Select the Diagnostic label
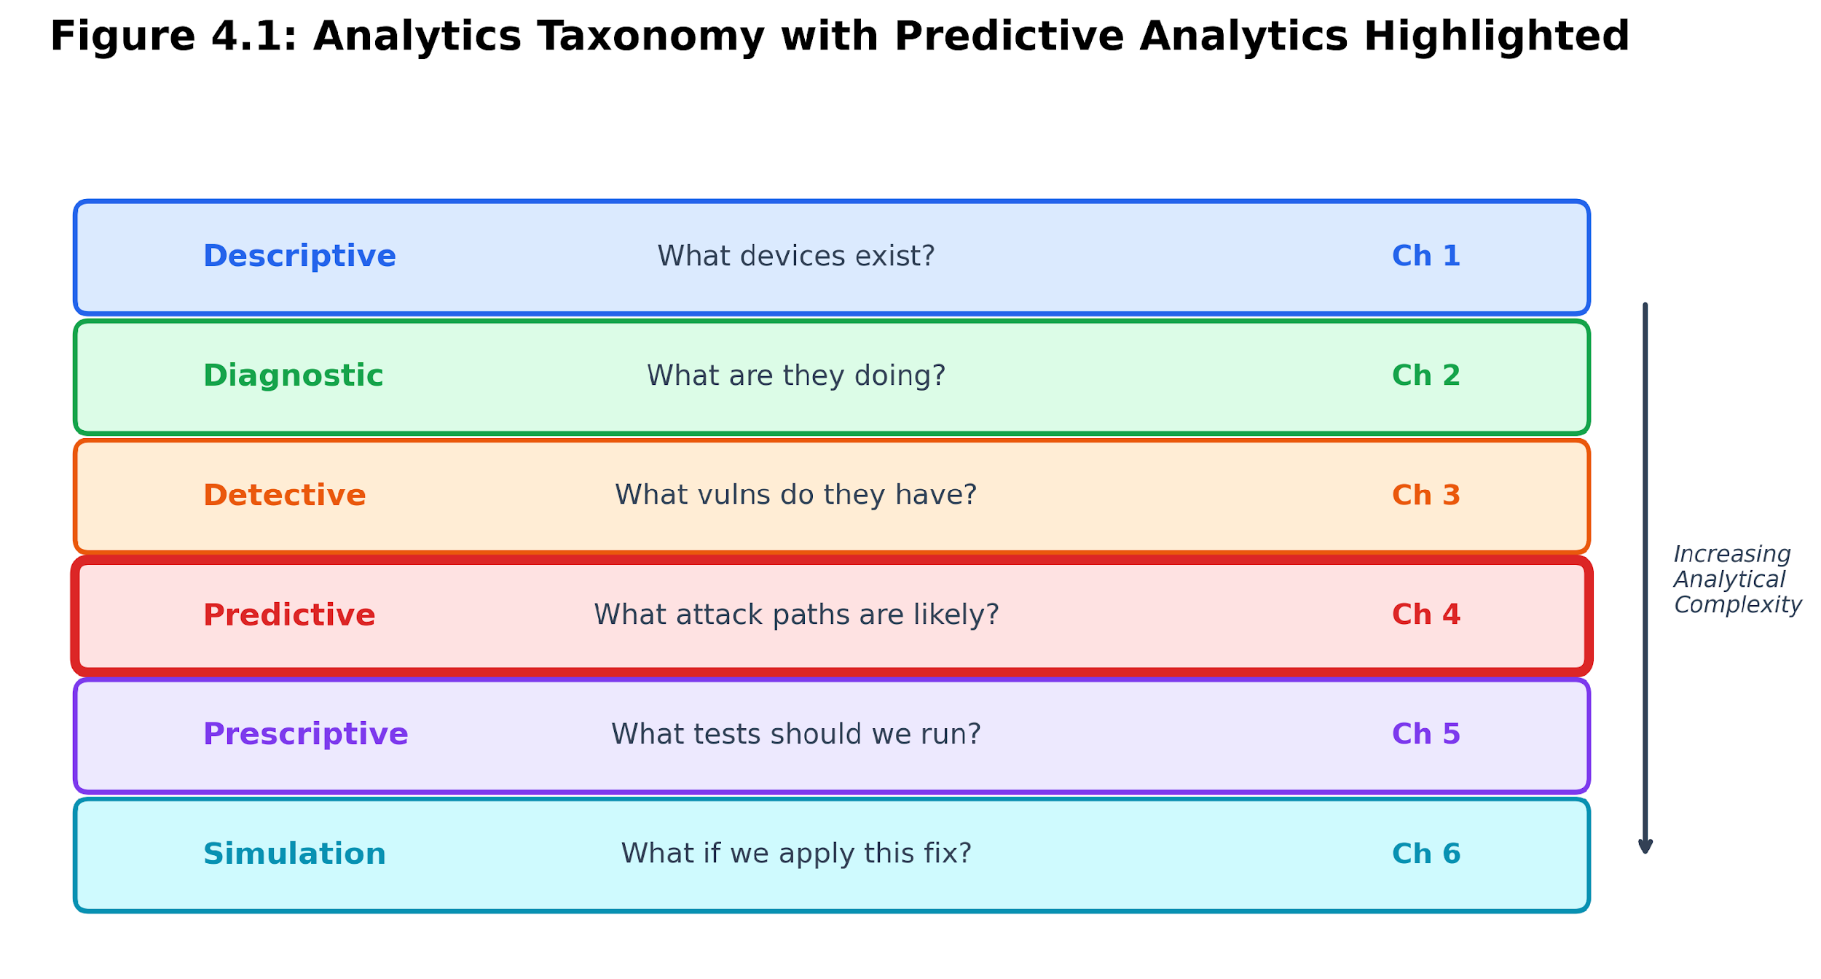tap(293, 377)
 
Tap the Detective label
tap(284, 496)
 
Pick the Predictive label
tap(289, 615)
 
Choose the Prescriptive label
tap(305, 736)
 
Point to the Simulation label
tap(294, 854)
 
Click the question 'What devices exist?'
tap(796, 257)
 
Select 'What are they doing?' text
tap(796, 377)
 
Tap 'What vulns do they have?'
tap(796, 496)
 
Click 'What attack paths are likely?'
tap(796, 615)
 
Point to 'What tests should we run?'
tap(796, 735)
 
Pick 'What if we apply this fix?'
tap(796, 854)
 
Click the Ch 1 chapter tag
tap(1426, 257)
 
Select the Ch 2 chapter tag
tap(1426, 376)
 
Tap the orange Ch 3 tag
tap(1426, 496)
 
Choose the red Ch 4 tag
tap(1426, 615)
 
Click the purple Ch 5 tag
tap(1426, 735)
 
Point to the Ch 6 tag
tap(1426, 854)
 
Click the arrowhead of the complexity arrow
tap(1645, 848)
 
